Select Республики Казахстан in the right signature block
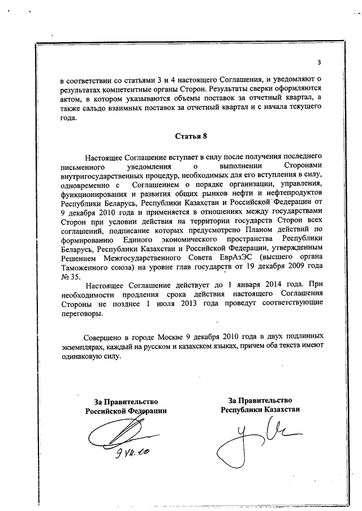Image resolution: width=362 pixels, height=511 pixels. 260,410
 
